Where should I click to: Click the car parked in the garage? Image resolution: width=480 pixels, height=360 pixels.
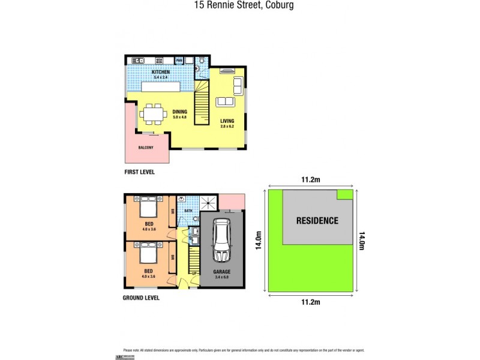221,240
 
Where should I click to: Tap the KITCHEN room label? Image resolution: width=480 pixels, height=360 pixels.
161,72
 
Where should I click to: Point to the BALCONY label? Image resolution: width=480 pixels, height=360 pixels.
146,148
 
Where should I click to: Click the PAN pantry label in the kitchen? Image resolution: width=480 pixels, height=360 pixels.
179,60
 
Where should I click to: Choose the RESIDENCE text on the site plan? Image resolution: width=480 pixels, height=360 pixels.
317,220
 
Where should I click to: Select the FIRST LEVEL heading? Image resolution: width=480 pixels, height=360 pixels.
139,172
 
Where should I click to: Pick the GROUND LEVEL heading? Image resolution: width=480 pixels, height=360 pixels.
142,298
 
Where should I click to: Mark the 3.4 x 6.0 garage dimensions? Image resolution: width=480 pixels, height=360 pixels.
222,277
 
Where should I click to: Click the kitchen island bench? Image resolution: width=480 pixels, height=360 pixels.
161,88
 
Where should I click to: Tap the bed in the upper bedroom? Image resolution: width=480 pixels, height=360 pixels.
148,209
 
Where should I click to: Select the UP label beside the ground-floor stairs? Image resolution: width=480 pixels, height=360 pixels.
194,274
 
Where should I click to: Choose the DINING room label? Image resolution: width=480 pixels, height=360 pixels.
180,112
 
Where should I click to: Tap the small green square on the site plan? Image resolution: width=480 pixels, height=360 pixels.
344,194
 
